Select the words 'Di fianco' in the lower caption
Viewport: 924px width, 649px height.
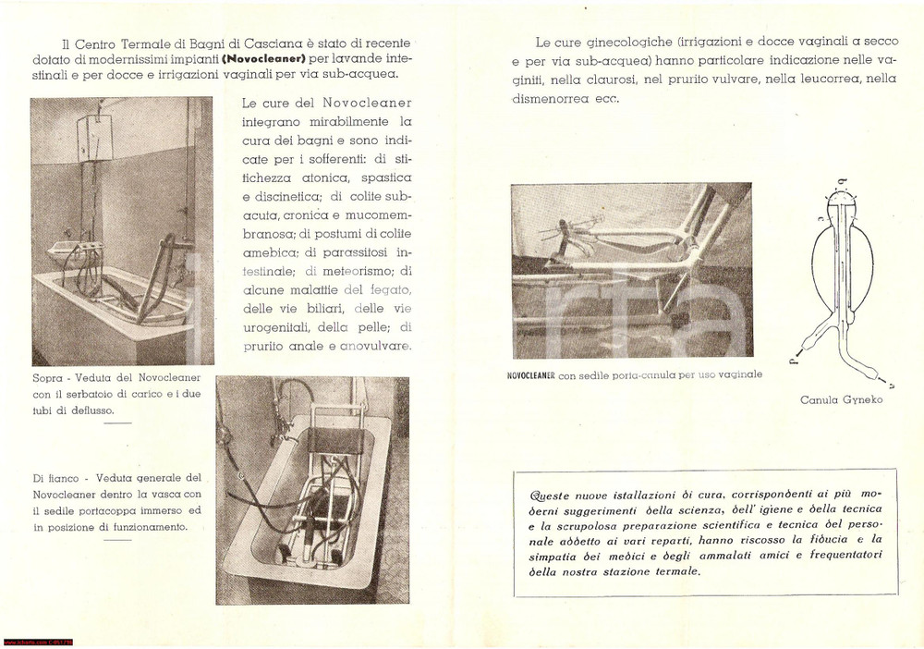click(56, 478)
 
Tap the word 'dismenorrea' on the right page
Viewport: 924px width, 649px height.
click(553, 98)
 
